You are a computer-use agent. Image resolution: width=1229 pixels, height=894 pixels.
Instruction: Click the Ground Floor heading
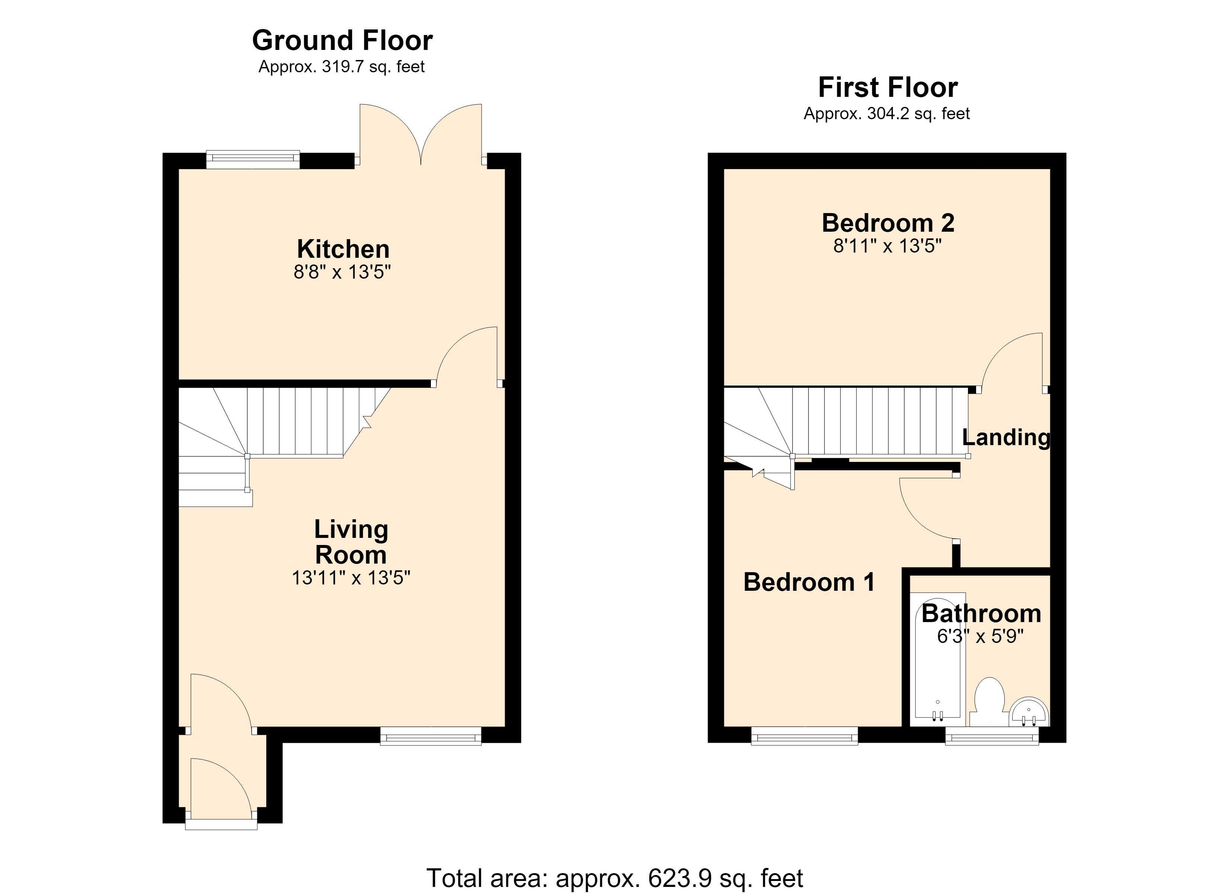[x=343, y=41]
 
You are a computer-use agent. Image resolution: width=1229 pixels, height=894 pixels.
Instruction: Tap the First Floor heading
[x=887, y=87]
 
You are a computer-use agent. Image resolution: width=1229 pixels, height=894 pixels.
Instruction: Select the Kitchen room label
[x=343, y=249]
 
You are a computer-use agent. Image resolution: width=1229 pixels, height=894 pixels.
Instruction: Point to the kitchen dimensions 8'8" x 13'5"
[x=343, y=272]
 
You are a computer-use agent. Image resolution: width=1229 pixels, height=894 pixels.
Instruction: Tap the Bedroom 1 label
[x=809, y=582]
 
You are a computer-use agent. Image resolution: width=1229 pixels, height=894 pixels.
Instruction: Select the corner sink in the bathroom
[x=1029, y=712]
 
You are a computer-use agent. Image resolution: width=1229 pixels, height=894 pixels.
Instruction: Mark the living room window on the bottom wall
[x=431, y=736]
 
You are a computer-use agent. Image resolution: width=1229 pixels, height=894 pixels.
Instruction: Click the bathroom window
[x=992, y=736]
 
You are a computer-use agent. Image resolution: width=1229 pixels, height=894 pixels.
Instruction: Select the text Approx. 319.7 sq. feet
[x=342, y=67]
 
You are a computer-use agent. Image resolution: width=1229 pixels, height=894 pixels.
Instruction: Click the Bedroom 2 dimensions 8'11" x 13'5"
[x=887, y=246]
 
